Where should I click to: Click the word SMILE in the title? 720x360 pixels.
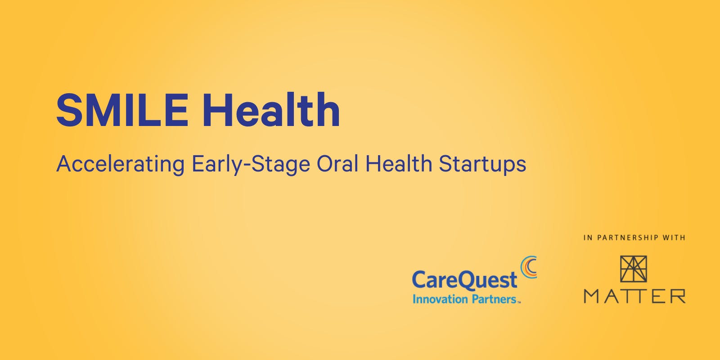click(122, 110)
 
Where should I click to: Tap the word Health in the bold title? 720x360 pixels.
click(271, 110)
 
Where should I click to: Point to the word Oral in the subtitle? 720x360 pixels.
click(337, 164)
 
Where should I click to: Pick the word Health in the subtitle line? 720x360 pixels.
click(399, 164)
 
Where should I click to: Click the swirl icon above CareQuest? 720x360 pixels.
click(529, 267)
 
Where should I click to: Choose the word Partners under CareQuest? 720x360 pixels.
click(494, 299)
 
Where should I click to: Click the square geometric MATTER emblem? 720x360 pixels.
click(633, 269)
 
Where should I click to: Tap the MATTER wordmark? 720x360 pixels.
click(634, 296)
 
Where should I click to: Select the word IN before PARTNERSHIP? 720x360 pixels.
click(588, 238)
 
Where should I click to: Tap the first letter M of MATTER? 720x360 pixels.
click(591, 296)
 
